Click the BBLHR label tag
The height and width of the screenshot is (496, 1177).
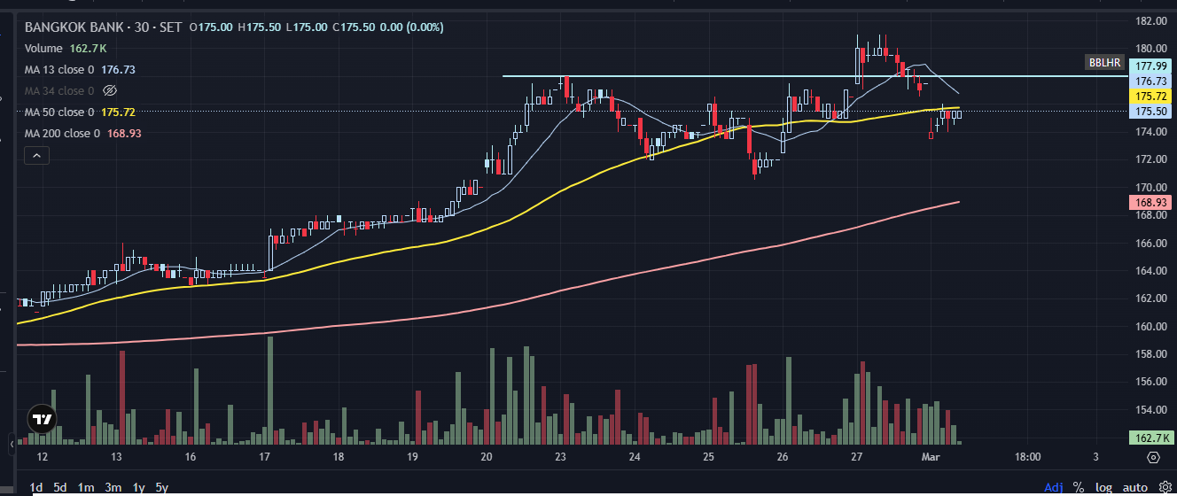tap(1104, 63)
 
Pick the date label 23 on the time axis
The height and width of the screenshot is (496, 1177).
tap(560, 457)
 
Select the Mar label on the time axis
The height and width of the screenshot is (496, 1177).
tap(931, 457)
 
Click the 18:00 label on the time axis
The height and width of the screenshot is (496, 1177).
tap(1027, 457)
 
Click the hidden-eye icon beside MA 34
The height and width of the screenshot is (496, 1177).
tap(110, 90)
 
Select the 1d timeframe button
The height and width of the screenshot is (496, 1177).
tap(36, 487)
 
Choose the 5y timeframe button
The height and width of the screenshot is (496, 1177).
tap(162, 487)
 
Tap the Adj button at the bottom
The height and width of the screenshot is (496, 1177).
tap(1054, 487)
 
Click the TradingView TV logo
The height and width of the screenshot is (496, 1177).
tap(42, 419)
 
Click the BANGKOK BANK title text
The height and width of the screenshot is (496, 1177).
tap(74, 27)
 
